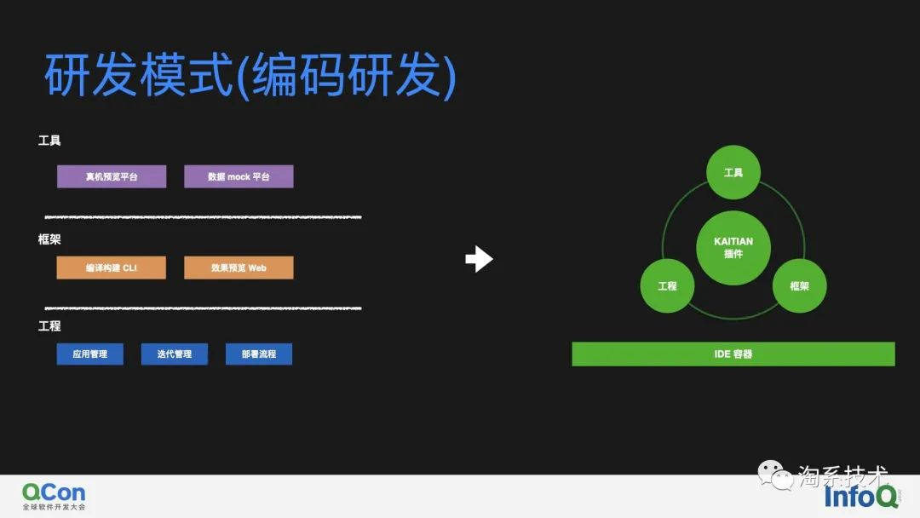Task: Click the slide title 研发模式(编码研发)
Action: coord(250,77)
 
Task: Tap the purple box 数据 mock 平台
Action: coord(239,176)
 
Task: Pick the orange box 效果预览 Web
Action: coord(239,268)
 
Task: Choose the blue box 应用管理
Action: coord(89,354)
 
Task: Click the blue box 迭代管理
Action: coord(174,354)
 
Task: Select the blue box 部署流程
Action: coord(259,354)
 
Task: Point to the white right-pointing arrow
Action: coord(479,259)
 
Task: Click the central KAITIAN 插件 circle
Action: coord(733,247)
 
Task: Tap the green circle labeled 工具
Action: coord(733,172)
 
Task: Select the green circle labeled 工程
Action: coord(667,286)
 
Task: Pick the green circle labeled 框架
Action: coord(799,286)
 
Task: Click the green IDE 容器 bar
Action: coord(733,354)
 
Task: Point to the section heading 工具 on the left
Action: coord(49,141)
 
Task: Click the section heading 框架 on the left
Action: coord(49,239)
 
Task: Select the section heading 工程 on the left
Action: coord(49,326)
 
